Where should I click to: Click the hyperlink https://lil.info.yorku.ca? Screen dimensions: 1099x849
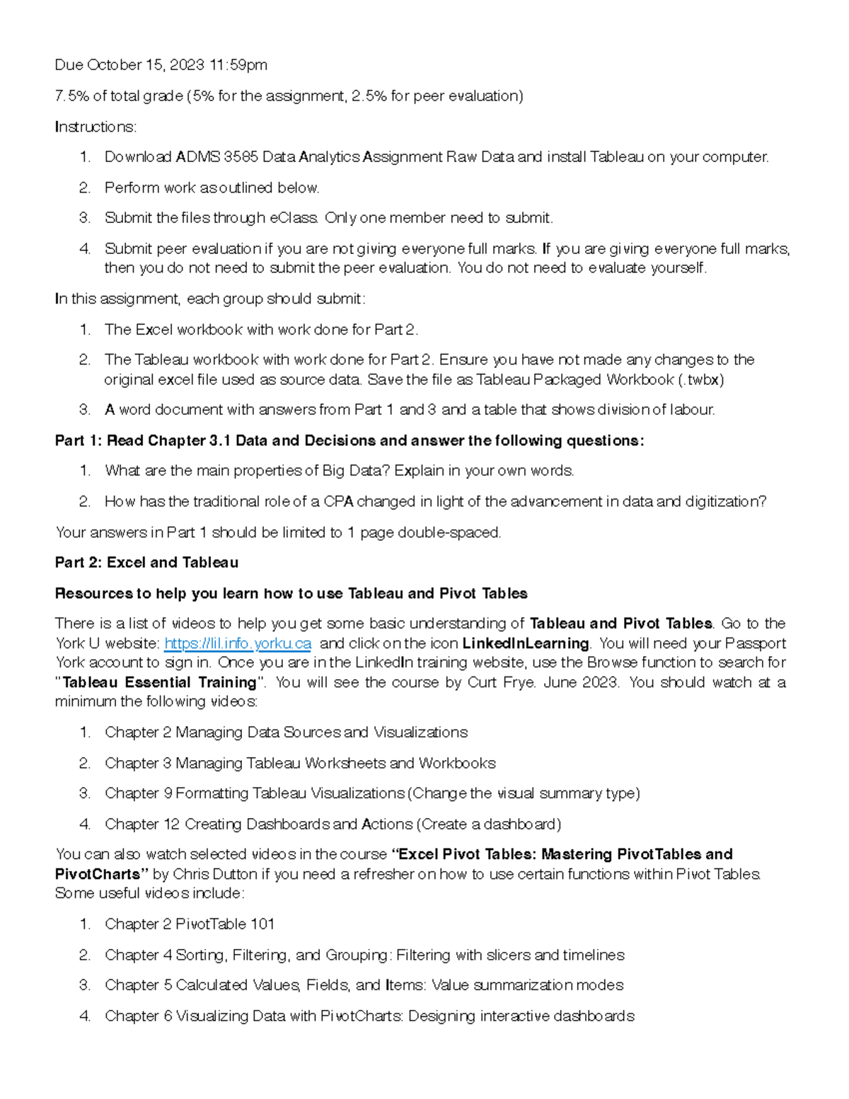pos(238,643)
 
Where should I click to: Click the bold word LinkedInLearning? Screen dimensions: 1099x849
pos(525,643)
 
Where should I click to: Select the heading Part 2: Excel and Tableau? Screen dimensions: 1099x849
pos(146,563)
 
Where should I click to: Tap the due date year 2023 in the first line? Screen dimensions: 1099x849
pos(187,65)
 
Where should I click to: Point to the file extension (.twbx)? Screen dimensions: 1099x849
pos(700,379)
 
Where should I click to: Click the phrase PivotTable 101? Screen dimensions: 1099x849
pos(225,924)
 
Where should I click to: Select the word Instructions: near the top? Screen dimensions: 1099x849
pos(96,127)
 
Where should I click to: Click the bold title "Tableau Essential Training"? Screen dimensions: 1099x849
pos(159,682)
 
